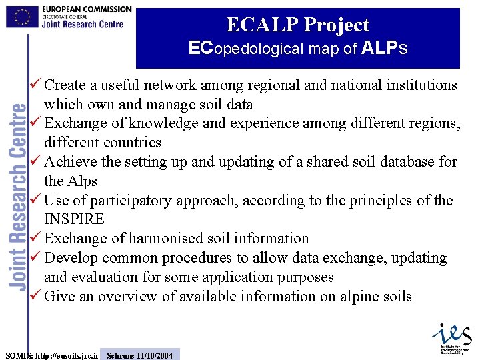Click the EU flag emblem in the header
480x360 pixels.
coord(22,16)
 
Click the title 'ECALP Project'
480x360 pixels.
coord(297,25)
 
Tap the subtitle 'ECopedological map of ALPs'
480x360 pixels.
coord(297,49)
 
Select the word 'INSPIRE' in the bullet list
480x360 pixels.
coord(74,219)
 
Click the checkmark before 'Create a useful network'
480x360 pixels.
coord(36,85)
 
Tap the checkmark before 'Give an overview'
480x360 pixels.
coord(36,296)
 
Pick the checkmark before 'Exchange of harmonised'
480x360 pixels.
coord(36,238)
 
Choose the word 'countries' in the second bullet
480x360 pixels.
coord(127,143)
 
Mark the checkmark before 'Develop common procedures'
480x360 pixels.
coord(36,257)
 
